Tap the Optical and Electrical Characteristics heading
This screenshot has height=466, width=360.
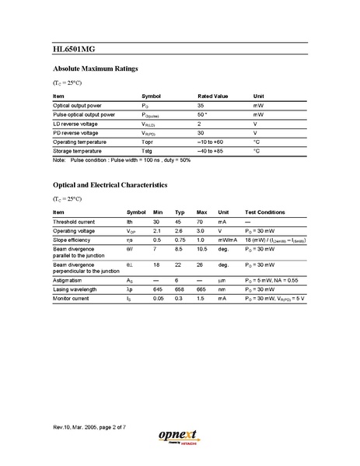110,185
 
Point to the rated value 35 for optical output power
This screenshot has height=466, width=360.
201,104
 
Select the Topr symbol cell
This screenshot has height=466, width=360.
149,142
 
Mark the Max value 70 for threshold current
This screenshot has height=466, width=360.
201,222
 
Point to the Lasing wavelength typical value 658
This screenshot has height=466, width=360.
180,289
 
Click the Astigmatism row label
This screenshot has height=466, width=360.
69,279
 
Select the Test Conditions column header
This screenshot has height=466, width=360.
270,212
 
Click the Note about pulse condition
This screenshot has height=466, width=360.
121,160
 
